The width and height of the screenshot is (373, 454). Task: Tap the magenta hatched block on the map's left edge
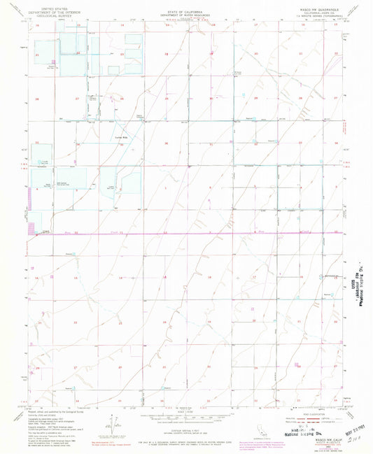tap(29, 225)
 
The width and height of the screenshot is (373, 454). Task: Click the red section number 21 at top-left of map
tap(36, 53)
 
